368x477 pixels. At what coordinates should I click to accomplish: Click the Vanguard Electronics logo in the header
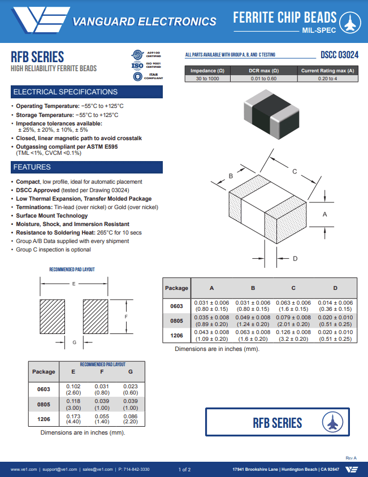tap(40, 21)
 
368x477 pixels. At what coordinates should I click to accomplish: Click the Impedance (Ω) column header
tap(207, 71)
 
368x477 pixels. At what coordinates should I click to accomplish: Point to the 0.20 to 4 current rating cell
tap(327, 79)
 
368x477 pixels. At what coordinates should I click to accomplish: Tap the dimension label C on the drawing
tap(295, 171)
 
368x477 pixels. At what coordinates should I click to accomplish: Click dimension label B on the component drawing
tap(231, 176)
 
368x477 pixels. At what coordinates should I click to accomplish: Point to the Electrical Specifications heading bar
tap(86, 92)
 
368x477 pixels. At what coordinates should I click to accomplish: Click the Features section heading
tap(86, 167)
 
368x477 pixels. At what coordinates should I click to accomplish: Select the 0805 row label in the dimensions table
tap(176, 321)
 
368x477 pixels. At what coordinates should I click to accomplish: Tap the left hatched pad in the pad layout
tap(53, 317)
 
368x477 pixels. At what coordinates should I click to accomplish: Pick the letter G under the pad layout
tap(74, 342)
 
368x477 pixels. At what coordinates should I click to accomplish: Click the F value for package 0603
tap(102, 389)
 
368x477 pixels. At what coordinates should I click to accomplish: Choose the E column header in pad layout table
tap(73, 372)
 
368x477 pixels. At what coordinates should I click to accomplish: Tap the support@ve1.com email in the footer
tap(59, 470)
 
